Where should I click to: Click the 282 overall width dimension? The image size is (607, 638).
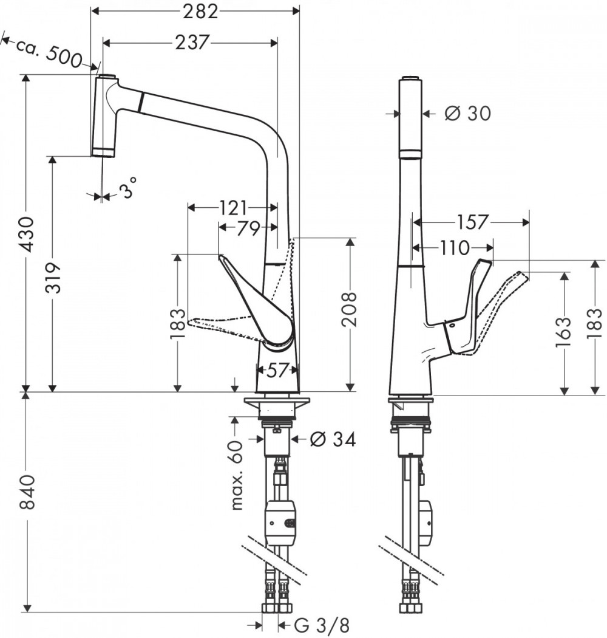click(200, 12)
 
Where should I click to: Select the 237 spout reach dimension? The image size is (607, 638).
click(192, 43)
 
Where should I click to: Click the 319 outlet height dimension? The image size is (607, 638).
click(53, 278)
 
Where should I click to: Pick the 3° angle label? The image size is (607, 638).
click(129, 188)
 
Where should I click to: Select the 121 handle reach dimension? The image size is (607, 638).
click(233, 208)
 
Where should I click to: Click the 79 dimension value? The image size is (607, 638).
click(248, 228)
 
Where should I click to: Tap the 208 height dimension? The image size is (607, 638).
click(349, 310)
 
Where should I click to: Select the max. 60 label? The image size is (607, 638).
click(236, 476)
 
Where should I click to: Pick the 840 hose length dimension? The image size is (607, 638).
click(28, 492)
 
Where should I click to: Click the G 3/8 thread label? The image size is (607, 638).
click(321, 625)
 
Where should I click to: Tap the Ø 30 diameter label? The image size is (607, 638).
click(467, 113)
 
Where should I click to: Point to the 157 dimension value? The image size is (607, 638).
click(472, 222)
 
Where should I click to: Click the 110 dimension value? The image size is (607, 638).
click(455, 247)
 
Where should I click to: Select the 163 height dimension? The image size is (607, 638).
click(563, 332)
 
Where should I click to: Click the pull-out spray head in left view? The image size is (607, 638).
click(104, 115)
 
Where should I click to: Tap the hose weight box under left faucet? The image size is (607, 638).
click(281, 523)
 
